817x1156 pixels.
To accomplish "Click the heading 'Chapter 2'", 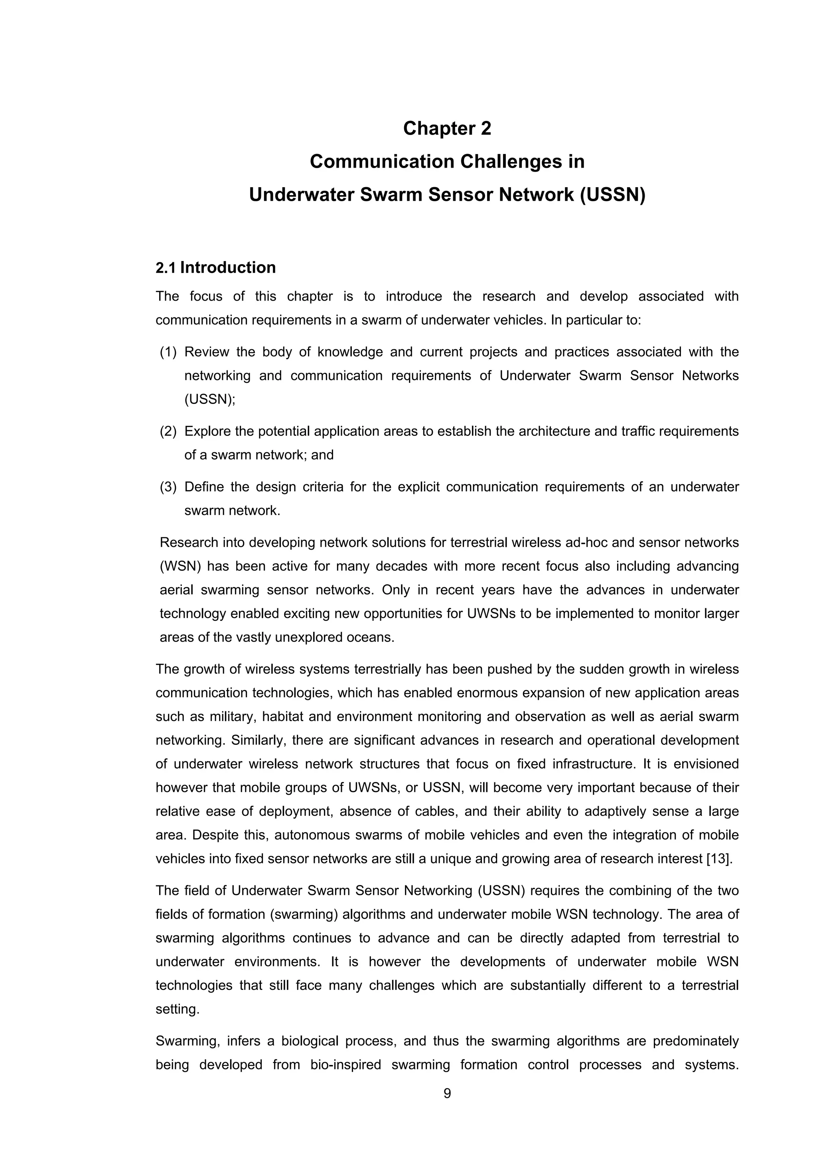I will pos(447,129).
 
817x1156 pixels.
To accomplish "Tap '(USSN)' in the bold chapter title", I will pos(612,195).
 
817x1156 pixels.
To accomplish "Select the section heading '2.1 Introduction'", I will pos(216,267).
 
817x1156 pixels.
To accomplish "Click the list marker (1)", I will pos(168,352).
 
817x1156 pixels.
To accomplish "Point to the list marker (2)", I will pos(168,432).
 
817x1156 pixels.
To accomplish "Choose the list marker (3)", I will pos(168,487).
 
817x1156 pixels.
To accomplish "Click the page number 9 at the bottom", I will pos(447,1094).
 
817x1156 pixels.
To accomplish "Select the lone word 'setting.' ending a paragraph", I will pos(178,1009).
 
